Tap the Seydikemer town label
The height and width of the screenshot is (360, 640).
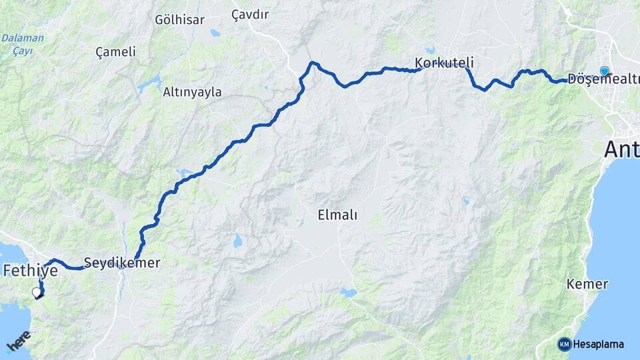[x=122, y=263]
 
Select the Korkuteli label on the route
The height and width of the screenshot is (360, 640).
[x=444, y=63]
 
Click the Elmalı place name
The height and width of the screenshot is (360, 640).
[x=337, y=215]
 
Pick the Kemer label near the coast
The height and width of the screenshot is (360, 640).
[x=587, y=284]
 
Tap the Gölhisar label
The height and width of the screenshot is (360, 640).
[x=179, y=19]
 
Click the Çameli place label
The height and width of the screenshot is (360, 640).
[x=115, y=51]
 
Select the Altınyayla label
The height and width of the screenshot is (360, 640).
[x=192, y=93]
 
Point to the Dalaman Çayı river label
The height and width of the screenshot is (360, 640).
[x=23, y=43]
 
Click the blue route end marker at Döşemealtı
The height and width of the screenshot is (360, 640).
[x=604, y=71]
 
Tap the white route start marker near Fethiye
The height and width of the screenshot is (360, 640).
[x=37, y=292]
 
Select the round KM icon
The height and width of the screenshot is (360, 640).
[x=564, y=345]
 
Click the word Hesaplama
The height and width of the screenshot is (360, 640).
[x=599, y=345]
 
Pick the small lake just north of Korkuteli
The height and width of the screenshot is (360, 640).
[x=430, y=49]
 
